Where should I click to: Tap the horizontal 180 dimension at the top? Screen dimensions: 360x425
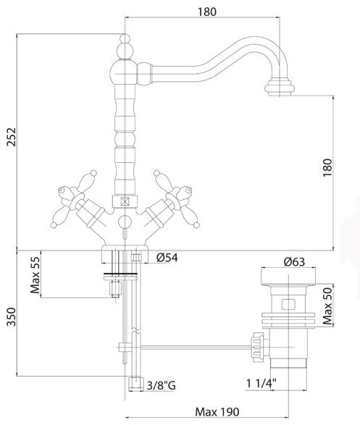pos(207,12)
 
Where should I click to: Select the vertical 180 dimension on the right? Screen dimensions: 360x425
pos(327,167)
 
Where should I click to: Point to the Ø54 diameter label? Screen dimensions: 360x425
pos(167,258)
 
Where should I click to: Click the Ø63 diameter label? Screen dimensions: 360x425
pos(294,262)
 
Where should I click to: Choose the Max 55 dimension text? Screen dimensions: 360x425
pos(35,275)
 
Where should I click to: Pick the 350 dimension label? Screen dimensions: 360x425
pos(12,316)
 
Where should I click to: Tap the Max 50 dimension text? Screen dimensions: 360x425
pos(327,306)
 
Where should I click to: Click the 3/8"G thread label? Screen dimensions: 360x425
pos(161,385)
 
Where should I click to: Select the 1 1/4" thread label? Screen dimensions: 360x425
pos(261,383)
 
